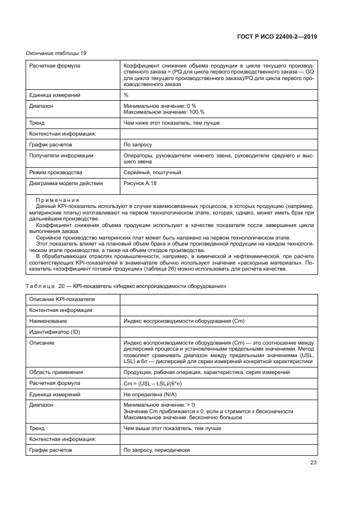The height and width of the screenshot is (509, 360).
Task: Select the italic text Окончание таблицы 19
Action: pyautogui.click(x=56, y=53)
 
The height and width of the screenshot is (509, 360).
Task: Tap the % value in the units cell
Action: pyautogui.click(x=126, y=95)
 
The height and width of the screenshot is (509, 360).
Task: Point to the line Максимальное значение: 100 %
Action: pyautogui.click(x=164, y=112)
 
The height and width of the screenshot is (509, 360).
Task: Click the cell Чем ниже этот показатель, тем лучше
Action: pyautogui.click(x=172, y=123)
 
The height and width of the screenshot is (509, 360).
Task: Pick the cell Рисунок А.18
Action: pyautogui.click(x=141, y=183)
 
